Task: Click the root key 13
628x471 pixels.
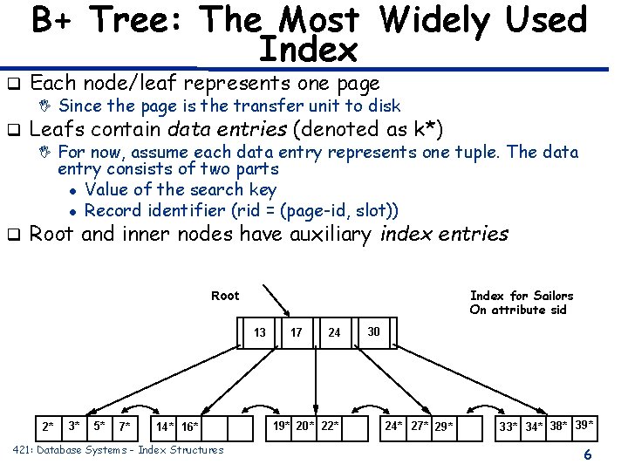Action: (x=260, y=331)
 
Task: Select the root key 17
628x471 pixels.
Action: (x=297, y=331)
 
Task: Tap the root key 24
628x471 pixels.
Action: (x=334, y=332)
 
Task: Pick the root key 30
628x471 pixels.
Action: (x=373, y=331)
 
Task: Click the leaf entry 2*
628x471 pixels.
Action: (x=48, y=427)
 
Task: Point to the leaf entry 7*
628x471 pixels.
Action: (x=126, y=427)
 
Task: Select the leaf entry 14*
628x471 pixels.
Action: (x=166, y=427)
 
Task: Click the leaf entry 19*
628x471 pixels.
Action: (x=282, y=426)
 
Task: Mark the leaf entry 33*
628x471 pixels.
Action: (x=508, y=427)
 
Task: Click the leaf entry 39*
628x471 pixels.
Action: (x=584, y=425)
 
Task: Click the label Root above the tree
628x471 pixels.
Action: (x=225, y=296)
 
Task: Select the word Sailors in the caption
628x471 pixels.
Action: (x=553, y=296)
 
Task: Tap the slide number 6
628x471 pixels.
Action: (x=588, y=454)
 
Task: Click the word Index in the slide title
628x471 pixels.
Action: (x=309, y=51)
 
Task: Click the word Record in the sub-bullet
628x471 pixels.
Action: (x=114, y=210)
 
